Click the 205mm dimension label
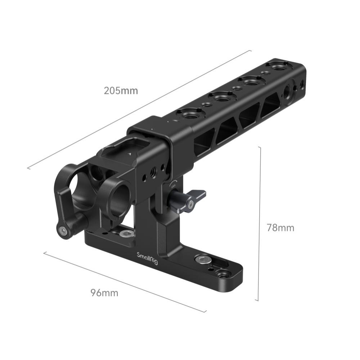(121, 91)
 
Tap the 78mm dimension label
(280, 228)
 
